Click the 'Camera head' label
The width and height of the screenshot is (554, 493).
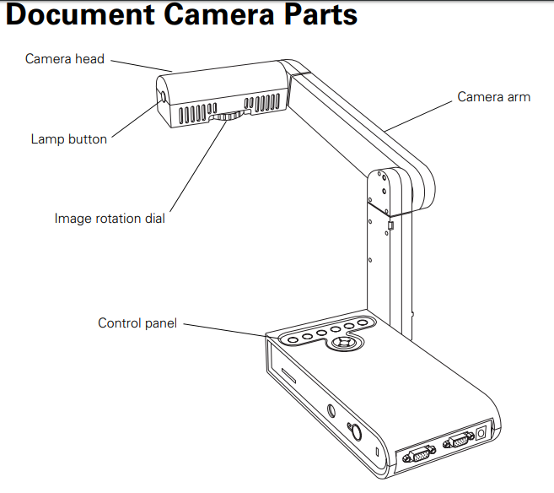click(64, 59)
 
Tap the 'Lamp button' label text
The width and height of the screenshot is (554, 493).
click(69, 139)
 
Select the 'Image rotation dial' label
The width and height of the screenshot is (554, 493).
click(110, 219)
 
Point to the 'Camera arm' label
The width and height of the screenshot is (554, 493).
click(494, 97)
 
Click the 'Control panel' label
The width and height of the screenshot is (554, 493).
click(137, 323)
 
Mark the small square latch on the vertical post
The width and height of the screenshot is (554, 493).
click(390, 225)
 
